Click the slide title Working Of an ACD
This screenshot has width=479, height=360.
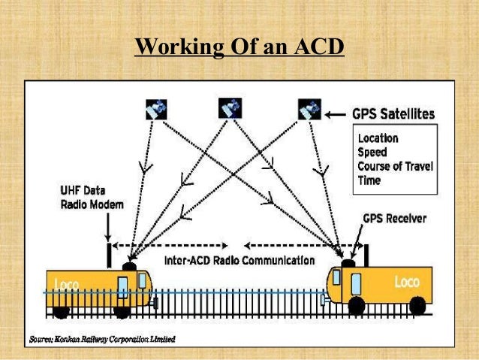click(239, 48)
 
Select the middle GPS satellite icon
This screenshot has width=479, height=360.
click(230, 108)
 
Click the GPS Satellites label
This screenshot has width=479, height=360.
click(393, 114)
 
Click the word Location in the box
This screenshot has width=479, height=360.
click(378, 139)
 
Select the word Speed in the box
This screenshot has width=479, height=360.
click(373, 153)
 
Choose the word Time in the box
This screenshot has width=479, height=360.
click(369, 180)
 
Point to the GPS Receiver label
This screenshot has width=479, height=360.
click(394, 219)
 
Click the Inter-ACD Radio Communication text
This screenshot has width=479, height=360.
click(239, 261)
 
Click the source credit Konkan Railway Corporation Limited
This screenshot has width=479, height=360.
click(102, 339)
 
